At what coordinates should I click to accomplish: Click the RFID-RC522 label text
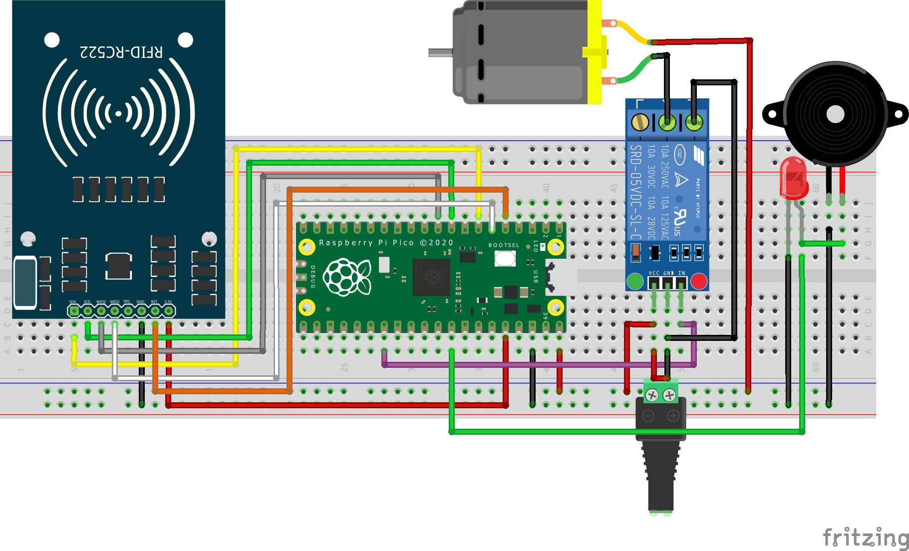click(x=121, y=52)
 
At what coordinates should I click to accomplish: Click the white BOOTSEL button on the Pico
click(x=505, y=259)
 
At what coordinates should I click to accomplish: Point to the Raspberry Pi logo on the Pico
click(x=346, y=277)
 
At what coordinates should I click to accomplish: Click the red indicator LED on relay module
click(x=698, y=281)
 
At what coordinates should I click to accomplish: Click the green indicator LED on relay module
click(x=634, y=281)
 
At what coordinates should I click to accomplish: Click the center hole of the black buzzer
click(x=835, y=114)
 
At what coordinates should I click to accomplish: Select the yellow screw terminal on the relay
click(x=640, y=122)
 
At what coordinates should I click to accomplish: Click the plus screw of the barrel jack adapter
click(x=669, y=396)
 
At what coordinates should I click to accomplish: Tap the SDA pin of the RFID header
click(x=74, y=311)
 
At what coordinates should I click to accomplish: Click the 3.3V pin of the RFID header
click(x=169, y=311)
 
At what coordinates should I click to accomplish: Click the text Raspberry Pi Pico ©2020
click(x=386, y=243)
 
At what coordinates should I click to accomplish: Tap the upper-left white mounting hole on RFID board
click(x=52, y=40)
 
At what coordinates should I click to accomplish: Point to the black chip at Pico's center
click(x=431, y=277)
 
